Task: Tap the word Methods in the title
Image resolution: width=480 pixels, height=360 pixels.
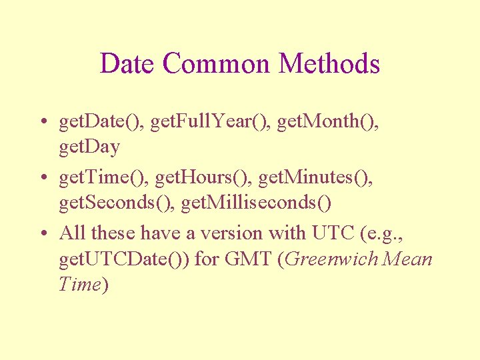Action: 329,64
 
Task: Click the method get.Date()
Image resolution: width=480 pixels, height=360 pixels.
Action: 101,122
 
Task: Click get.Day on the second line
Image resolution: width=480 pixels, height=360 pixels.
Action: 89,146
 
